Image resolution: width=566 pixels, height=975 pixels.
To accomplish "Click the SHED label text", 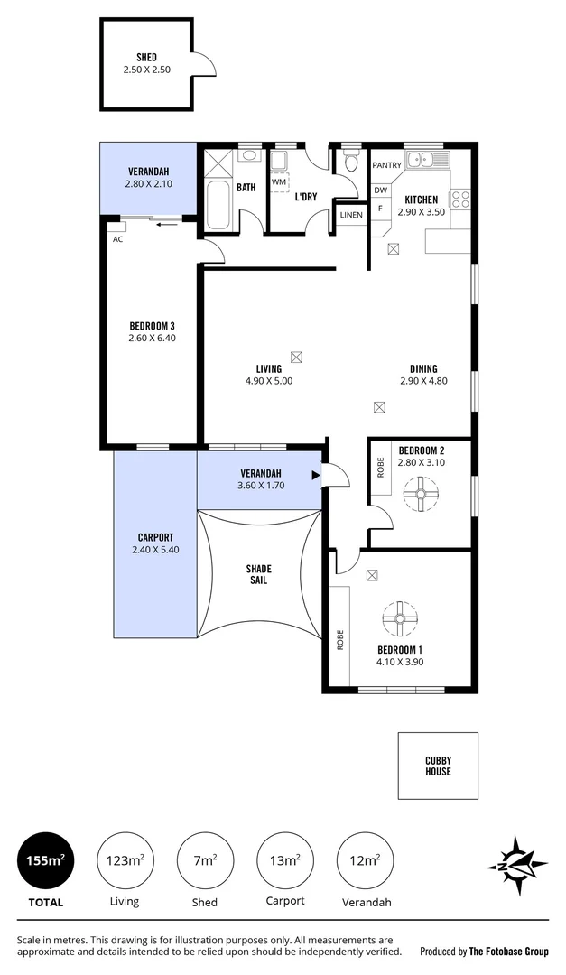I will (x=146, y=57).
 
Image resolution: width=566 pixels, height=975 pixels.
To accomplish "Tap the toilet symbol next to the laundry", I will (x=352, y=162).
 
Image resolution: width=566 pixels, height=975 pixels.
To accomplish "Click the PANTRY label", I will (x=386, y=165).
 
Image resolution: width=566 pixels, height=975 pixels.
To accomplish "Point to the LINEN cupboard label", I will (x=351, y=215).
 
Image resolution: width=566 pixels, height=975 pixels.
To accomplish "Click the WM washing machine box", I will (x=279, y=181).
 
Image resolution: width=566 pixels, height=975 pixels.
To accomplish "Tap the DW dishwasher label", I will (x=380, y=190).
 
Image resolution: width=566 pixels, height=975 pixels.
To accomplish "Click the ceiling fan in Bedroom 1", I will (x=400, y=620).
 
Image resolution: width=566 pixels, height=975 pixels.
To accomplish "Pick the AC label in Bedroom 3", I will (x=117, y=239).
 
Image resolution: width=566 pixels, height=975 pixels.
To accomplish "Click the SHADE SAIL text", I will (x=259, y=575).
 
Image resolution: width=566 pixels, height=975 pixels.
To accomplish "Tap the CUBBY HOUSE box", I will (x=438, y=766).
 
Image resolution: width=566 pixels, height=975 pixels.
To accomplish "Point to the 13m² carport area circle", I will (x=285, y=861).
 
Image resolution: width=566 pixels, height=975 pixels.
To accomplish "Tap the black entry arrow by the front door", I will (x=316, y=474).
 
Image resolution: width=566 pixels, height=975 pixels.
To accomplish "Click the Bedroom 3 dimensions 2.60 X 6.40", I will (x=152, y=339).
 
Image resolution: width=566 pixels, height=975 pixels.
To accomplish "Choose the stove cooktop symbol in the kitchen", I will (x=459, y=199).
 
